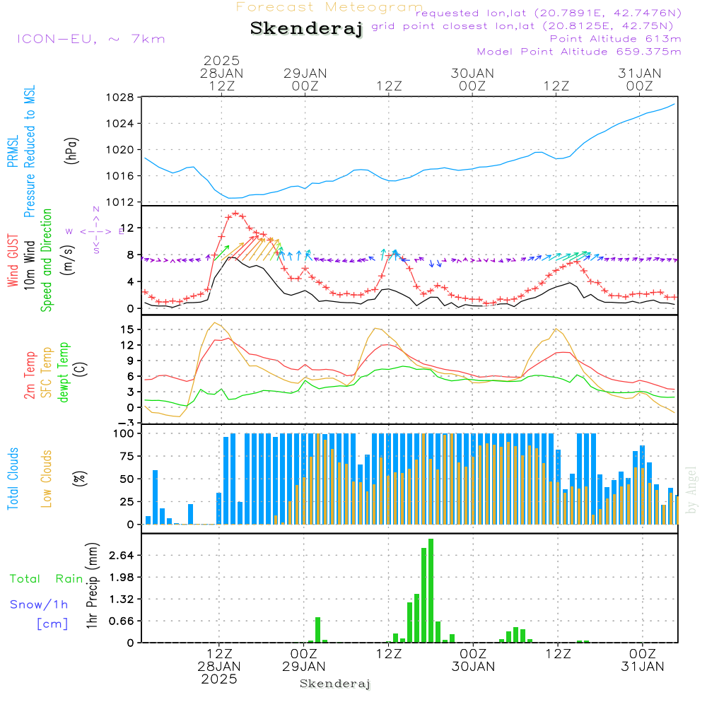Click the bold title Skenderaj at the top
pyautogui.click(x=306, y=29)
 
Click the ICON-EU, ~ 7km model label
pyautogui.click(x=90, y=39)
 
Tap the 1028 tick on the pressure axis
pyautogui.click(x=120, y=98)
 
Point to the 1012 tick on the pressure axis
pyautogui.click(x=120, y=202)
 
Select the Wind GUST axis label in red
pyautogui.click(x=13, y=261)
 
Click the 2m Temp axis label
pyautogui.click(x=30, y=375)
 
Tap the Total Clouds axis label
pyautogui.click(x=13, y=479)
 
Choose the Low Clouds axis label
pyautogui.click(x=47, y=479)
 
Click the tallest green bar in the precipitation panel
pyautogui.click(x=431, y=590)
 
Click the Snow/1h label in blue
pyautogui.click(x=40, y=604)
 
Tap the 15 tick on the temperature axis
pyautogui.click(x=128, y=329)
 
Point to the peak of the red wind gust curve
pyautogui.click(x=235, y=213)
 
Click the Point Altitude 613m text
pyautogui.click(x=615, y=38)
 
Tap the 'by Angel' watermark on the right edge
pyautogui.click(x=692, y=489)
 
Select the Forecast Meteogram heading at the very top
pyautogui.click(x=329, y=7)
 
